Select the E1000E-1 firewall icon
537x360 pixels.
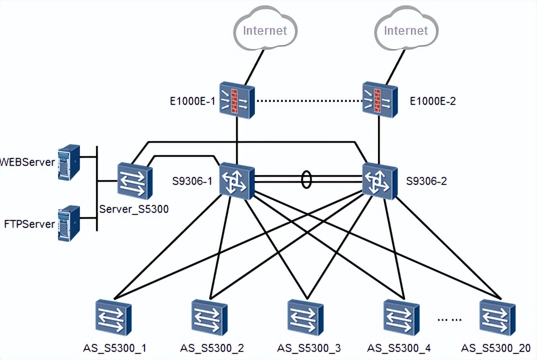click(x=237, y=101)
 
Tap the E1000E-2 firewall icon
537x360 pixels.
click(x=379, y=100)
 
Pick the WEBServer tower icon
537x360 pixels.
click(x=68, y=162)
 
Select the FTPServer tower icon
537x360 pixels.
click(x=68, y=223)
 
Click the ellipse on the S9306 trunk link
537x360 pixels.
click(x=306, y=180)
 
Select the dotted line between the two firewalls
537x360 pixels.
click(x=308, y=101)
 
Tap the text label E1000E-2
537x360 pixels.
click(x=432, y=101)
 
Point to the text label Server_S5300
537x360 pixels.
click(x=134, y=209)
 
